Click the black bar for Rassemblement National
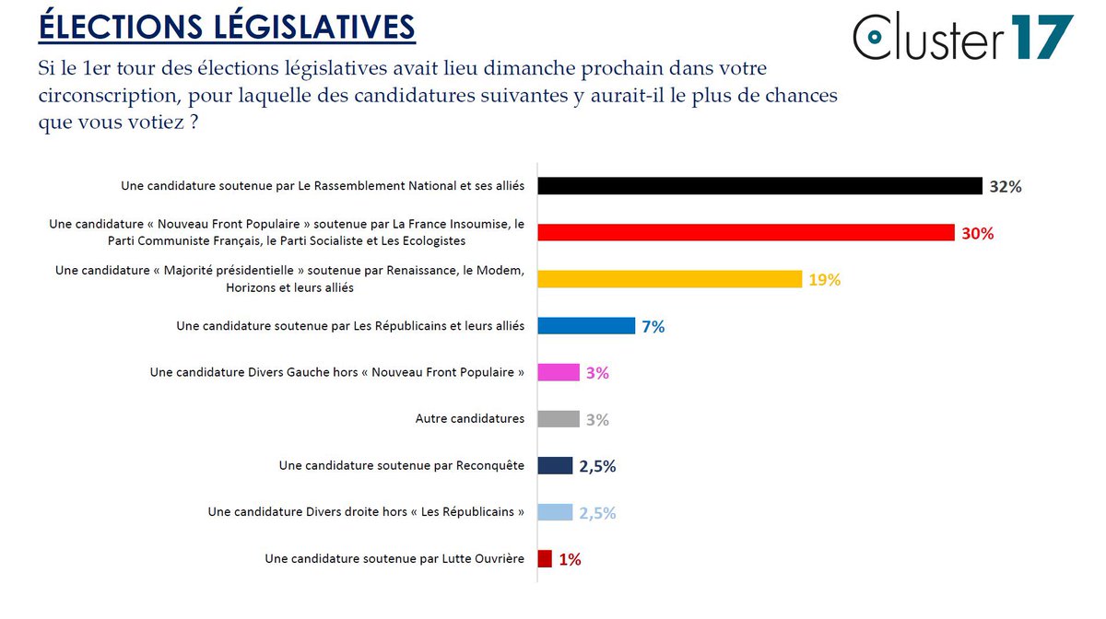tap(759, 186)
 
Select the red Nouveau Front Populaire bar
tap(746, 233)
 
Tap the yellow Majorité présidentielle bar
tap(669, 279)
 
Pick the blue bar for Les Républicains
tap(586, 326)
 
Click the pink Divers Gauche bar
tap(559, 372)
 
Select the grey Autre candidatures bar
tap(559, 419)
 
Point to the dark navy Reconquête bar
tap(555, 466)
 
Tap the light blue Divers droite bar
tap(555, 512)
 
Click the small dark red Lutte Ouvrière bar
tap(545, 559)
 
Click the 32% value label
tap(1005, 187)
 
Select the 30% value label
tap(977, 234)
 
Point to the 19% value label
tap(824, 280)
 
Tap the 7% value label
tap(653, 327)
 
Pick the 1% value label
tap(570, 560)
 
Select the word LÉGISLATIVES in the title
tap(323, 27)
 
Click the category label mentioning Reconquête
tap(401, 466)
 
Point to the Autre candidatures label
tap(469, 419)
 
